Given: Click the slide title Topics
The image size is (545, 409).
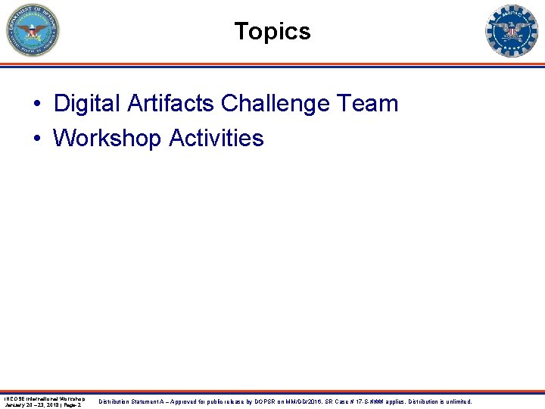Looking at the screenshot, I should point(272,32).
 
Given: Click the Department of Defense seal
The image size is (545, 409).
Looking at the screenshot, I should point(33,31).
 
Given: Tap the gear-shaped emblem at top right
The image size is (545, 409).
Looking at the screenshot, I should point(512,31).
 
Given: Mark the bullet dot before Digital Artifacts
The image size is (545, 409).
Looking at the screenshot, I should point(37,105).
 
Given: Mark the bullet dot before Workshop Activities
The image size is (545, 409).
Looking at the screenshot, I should point(37,139).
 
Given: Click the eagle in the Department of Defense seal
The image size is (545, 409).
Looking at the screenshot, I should point(33,30).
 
